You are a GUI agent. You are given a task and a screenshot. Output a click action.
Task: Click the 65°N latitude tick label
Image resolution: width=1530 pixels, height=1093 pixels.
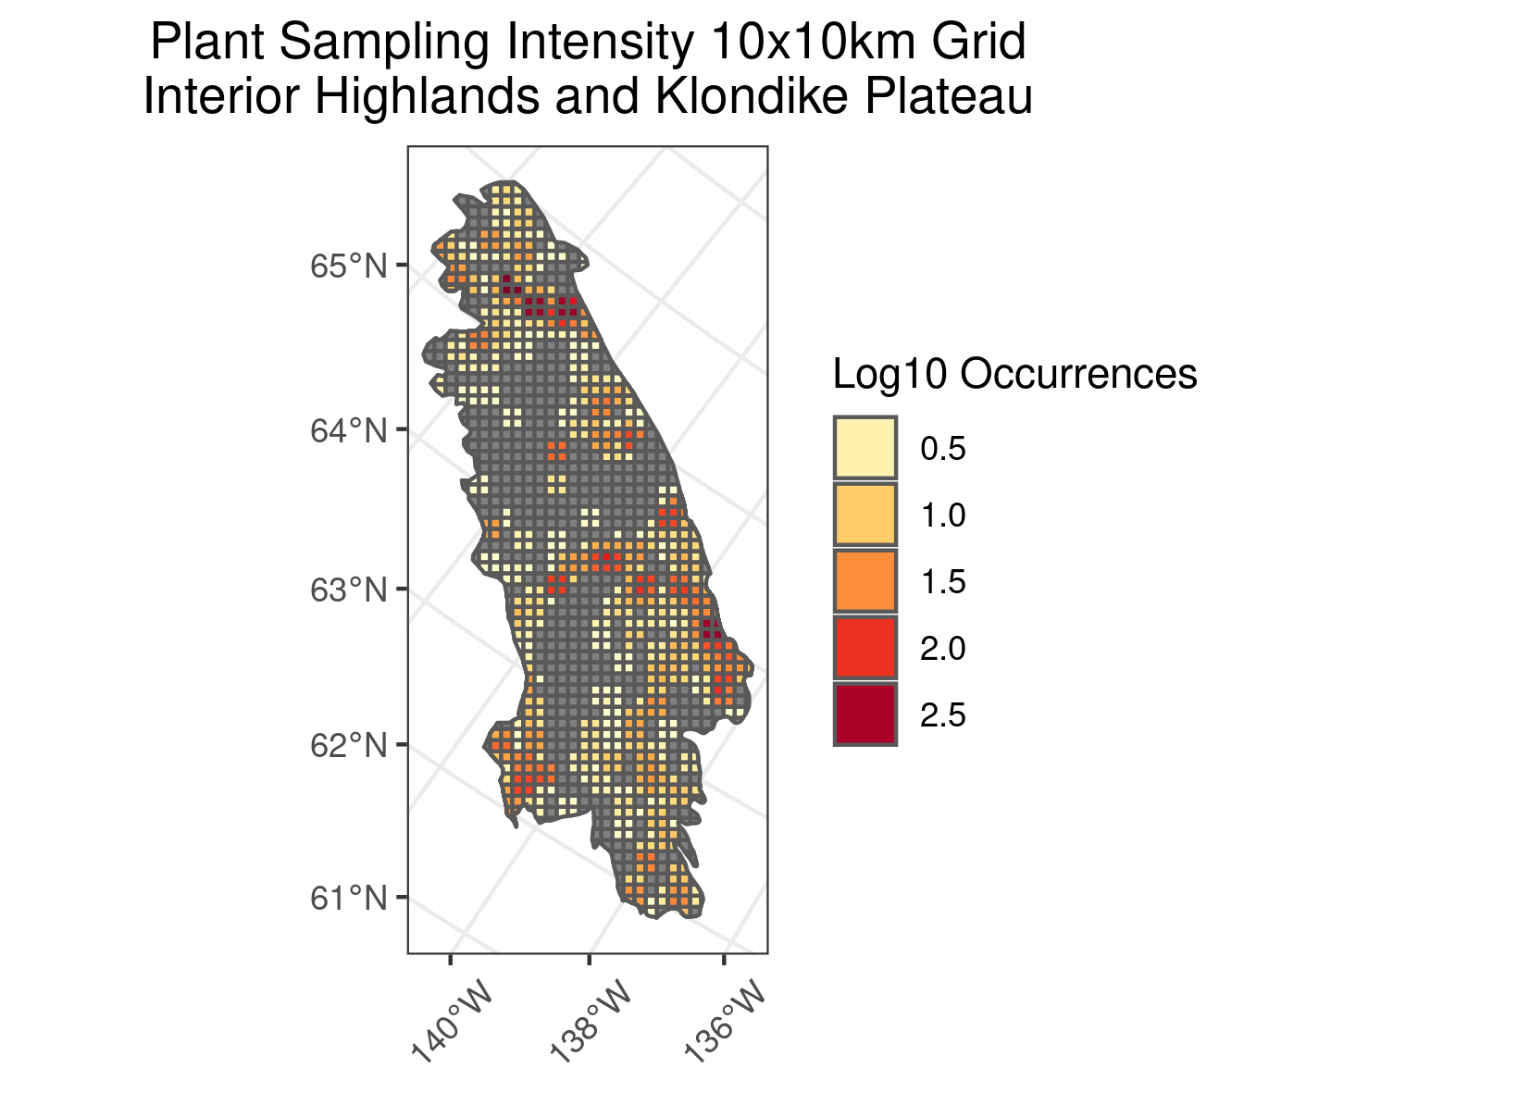(x=347, y=267)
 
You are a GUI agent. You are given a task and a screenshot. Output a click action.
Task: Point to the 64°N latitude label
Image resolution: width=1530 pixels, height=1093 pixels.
(x=347, y=430)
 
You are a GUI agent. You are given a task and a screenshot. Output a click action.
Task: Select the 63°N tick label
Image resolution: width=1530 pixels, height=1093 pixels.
(x=347, y=590)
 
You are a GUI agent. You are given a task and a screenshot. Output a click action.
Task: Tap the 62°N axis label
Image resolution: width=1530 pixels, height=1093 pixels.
(x=347, y=745)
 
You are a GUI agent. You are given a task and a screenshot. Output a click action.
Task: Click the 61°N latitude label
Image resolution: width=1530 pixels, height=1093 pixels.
(x=347, y=898)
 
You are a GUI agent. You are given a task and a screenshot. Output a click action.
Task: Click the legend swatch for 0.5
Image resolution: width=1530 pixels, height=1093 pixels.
(x=865, y=448)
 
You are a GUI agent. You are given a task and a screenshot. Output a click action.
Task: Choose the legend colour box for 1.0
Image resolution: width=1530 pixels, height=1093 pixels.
(x=865, y=515)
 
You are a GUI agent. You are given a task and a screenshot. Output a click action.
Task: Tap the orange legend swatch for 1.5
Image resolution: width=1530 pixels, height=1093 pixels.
(x=865, y=581)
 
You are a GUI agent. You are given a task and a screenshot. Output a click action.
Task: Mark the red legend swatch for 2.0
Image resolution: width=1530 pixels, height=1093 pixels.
(x=865, y=648)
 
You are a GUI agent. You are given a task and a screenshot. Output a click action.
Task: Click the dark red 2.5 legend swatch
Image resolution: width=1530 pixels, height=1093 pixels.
(x=865, y=714)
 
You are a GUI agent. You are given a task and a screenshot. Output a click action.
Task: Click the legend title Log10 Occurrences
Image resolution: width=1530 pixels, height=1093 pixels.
(x=1014, y=375)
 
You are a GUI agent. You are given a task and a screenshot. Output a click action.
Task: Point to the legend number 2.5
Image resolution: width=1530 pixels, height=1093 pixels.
(x=942, y=715)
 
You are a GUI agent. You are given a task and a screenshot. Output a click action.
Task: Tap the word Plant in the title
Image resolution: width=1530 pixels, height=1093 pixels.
(x=207, y=43)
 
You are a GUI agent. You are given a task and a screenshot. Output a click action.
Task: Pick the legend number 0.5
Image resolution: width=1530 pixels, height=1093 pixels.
(x=942, y=449)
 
